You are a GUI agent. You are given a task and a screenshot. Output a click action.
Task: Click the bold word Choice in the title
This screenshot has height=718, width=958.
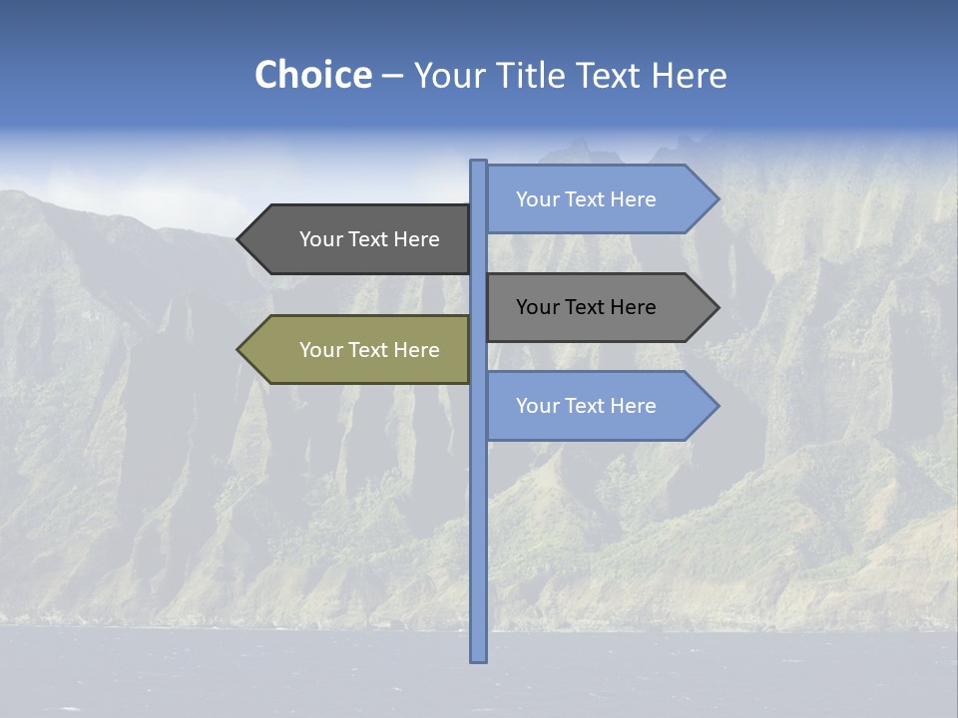coord(312,75)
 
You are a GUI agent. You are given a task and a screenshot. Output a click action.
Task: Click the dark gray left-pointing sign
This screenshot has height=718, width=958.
coord(359,239)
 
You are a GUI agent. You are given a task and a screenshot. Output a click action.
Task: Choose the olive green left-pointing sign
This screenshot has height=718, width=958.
coord(359,350)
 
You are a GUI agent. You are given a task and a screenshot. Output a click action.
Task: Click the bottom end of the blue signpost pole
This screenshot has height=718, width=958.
coord(479,658)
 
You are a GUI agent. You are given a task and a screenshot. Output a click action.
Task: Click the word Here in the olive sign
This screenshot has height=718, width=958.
coord(416,350)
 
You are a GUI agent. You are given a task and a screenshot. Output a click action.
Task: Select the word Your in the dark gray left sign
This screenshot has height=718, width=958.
coord(320,239)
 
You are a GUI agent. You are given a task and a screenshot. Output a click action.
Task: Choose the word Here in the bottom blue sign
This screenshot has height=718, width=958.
coord(633,406)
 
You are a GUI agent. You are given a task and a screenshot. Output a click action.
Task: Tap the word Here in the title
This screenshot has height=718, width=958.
coord(690,75)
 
